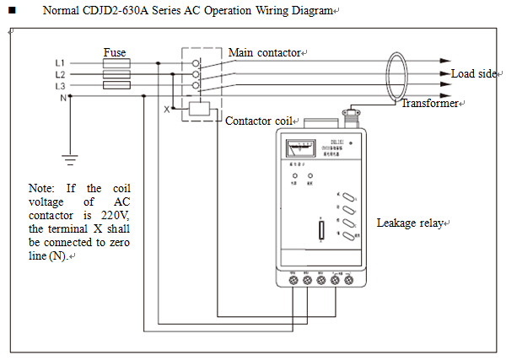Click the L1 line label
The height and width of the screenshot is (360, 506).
tap(60, 63)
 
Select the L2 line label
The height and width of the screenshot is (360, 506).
tap(60, 74)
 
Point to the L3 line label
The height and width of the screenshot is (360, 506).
tap(60, 86)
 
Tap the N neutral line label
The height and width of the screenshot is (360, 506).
tap(62, 98)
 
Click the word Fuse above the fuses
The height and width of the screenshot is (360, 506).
tap(115, 52)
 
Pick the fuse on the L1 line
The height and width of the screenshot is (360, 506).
tap(115, 63)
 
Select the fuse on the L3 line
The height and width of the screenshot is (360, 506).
tap(115, 86)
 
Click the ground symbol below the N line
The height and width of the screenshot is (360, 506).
tap(71, 155)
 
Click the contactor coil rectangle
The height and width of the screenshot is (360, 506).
tap(199, 108)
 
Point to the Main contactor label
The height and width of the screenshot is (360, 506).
tap(264, 53)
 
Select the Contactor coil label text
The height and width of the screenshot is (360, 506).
tap(258, 121)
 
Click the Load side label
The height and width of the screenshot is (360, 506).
tap(474, 74)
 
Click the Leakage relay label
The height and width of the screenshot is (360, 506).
tap(409, 223)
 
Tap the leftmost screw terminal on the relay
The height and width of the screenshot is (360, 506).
tap(292, 282)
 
